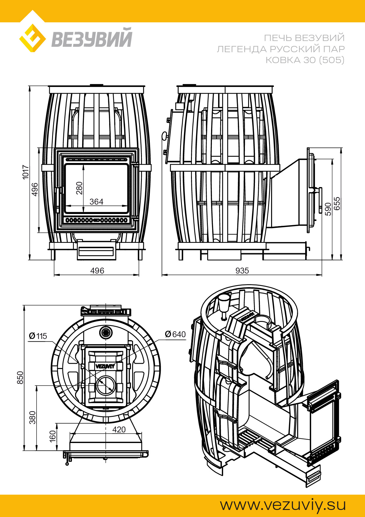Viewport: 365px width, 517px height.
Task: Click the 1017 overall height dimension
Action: point(26,172)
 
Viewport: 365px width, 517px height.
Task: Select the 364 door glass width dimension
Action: point(96,202)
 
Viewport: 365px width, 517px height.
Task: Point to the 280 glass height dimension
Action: point(79,188)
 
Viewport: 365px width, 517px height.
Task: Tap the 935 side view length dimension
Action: point(242,271)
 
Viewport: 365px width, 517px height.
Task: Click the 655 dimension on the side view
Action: point(337,203)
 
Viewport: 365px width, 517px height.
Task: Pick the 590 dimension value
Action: point(328,209)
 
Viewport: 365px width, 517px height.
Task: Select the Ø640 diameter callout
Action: point(175,334)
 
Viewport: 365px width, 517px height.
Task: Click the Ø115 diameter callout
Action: point(38,336)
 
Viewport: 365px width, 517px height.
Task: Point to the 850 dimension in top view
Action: point(20,378)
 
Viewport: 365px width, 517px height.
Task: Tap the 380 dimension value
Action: point(32,417)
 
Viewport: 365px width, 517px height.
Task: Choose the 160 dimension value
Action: point(52,436)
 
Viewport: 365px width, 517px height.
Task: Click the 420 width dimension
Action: point(119,429)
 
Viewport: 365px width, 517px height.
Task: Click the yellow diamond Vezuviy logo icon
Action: point(32,38)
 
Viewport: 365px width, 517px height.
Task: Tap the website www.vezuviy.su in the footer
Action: point(283,505)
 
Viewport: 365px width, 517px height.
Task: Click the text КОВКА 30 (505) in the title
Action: point(305,60)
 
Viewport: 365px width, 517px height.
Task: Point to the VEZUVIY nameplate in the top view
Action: point(105,366)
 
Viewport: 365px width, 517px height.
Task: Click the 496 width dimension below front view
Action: point(97,271)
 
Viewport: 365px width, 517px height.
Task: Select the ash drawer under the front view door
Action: point(96,251)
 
